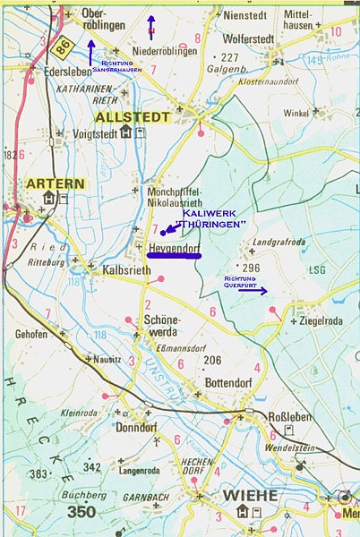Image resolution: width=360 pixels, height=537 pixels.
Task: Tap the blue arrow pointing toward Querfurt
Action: [x=252, y=290]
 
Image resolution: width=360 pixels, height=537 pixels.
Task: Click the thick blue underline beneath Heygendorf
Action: [x=175, y=256]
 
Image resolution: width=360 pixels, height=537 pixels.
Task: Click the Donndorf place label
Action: [x=136, y=427]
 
